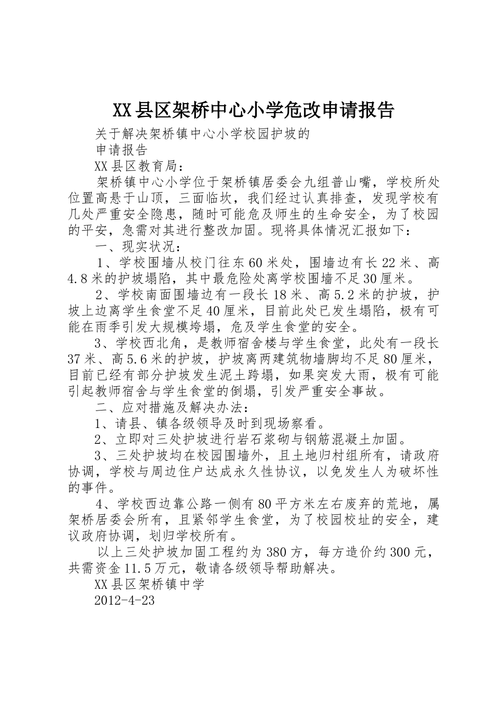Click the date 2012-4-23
pyautogui.click(x=124, y=601)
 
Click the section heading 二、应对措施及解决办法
pyautogui.click(x=170, y=408)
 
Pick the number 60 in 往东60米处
pyautogui.click(x=255, y=263)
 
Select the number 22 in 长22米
pyautogui.click(x=389, y=263)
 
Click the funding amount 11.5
pyautogui.click(x=137, y=569)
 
